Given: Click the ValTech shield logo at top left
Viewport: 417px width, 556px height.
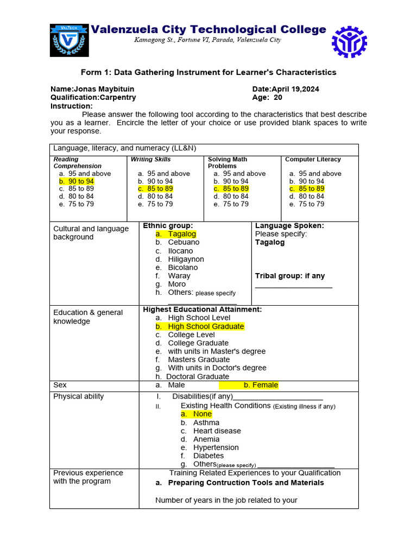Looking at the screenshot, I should coord(69,40).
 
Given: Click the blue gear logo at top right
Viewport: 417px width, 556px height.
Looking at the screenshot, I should coord(349,42).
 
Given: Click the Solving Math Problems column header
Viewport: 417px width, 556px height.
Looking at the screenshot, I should coord(228,162).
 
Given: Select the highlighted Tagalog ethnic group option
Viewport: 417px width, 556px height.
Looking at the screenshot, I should coord(181,234).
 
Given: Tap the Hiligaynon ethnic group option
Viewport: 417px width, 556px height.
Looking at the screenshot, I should coord(186,260).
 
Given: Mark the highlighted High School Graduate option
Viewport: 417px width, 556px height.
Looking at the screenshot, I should coord(205,326).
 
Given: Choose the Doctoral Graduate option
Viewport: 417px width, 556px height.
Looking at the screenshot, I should coord(198,376).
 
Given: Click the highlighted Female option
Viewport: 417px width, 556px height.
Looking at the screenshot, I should coord(261,385).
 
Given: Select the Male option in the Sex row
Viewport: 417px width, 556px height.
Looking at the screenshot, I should coord(176,385).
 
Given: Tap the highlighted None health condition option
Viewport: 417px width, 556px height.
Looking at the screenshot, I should coord(202,414).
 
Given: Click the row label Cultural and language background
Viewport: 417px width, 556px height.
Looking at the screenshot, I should coord(91,233).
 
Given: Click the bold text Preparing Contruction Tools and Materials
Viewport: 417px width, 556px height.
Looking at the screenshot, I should coord(245,483).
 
